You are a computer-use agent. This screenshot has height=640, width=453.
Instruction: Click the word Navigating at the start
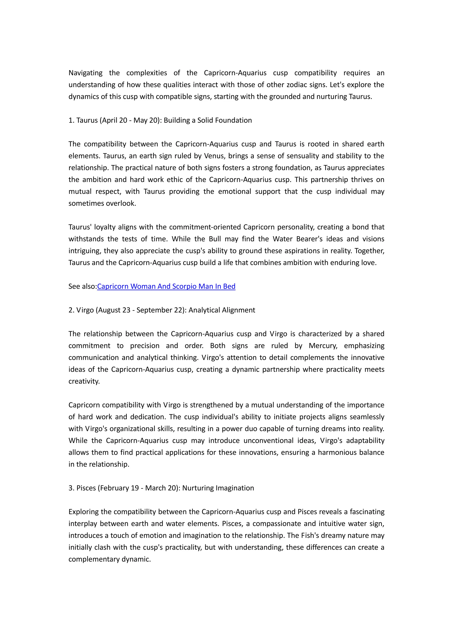(85, 73)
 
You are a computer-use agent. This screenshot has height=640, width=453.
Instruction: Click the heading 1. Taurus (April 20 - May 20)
(160, 120)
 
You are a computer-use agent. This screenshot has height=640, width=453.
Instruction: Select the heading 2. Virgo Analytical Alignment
(161, 310)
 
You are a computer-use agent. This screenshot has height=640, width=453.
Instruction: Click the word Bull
(215, 239)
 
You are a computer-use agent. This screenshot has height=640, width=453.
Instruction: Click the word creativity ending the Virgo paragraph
(84, 381)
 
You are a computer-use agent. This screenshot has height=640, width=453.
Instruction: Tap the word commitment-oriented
(205, 227)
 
